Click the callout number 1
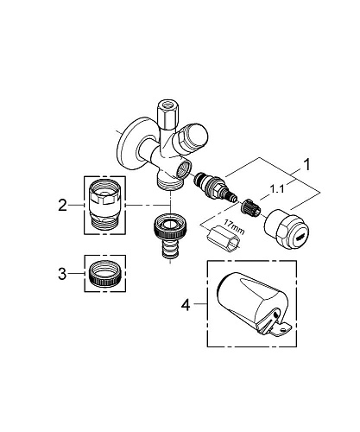(307, 165)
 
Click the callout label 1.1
(276, 189)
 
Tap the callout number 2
(62, 206)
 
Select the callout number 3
(62, 274)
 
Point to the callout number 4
(186, 305)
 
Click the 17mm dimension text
(233, 227)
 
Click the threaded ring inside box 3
(105, 274)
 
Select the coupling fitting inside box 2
(105, 205)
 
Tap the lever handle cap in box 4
(253, 304)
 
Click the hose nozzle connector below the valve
(171, 234)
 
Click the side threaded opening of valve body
(183, 170)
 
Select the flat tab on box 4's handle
(281, 329)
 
